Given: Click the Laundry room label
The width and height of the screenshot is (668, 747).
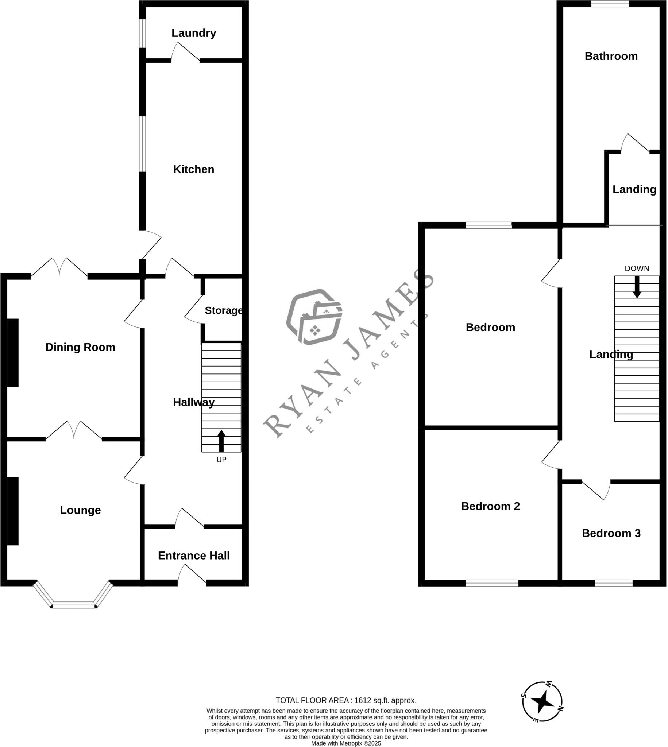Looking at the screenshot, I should [193, 33].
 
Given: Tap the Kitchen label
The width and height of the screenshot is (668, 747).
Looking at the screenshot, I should [193, 169].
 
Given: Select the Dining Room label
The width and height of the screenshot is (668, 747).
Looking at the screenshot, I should [80, 347].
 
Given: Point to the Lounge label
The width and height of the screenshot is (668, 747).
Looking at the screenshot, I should [80, 510].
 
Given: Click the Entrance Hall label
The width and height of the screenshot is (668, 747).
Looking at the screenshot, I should [194, 556].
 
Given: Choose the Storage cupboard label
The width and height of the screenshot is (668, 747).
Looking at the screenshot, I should [224, 310].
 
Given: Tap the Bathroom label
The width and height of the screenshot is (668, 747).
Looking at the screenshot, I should [611, 56].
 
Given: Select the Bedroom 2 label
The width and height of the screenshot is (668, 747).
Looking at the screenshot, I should [490, 506].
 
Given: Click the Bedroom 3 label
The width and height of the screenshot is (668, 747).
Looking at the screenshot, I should [611, 533].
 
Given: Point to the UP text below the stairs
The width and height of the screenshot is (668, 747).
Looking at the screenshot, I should [221, 460].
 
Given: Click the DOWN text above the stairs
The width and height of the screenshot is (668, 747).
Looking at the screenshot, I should [637, 268].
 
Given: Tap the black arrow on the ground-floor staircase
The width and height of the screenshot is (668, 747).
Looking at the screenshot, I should [221, 441].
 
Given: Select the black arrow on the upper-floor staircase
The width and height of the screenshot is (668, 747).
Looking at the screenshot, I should [637, 287].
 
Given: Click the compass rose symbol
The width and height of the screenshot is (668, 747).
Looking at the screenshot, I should [542, 701].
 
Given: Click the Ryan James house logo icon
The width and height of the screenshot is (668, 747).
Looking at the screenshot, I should [314, 317].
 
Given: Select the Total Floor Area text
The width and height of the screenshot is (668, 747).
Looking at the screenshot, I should [346, 700].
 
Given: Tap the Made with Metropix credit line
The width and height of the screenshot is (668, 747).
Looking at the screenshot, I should [346, 743].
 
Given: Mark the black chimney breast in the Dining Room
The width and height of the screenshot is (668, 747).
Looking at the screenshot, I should [12, 353].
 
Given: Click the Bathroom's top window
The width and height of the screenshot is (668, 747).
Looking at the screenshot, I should [610, 4].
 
